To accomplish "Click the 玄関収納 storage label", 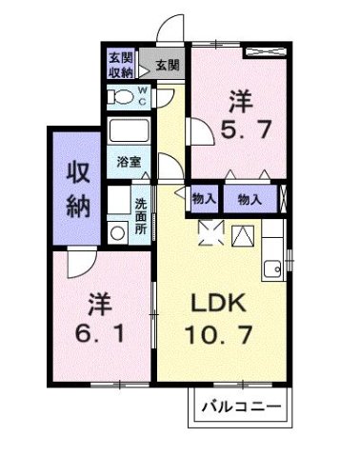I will (x=120, y=65).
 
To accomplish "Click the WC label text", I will (x=143, y=94).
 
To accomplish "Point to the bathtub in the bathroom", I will (x=130, y=130).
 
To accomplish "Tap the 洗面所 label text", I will (x=140, y=215).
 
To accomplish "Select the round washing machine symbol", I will (x=117, y=231).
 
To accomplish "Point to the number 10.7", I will (x=219, y=335).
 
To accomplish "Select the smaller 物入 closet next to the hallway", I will (x=203, y=198).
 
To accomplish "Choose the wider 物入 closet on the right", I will (x=250, y=198).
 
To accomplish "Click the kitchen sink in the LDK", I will (x=271, y=265).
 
